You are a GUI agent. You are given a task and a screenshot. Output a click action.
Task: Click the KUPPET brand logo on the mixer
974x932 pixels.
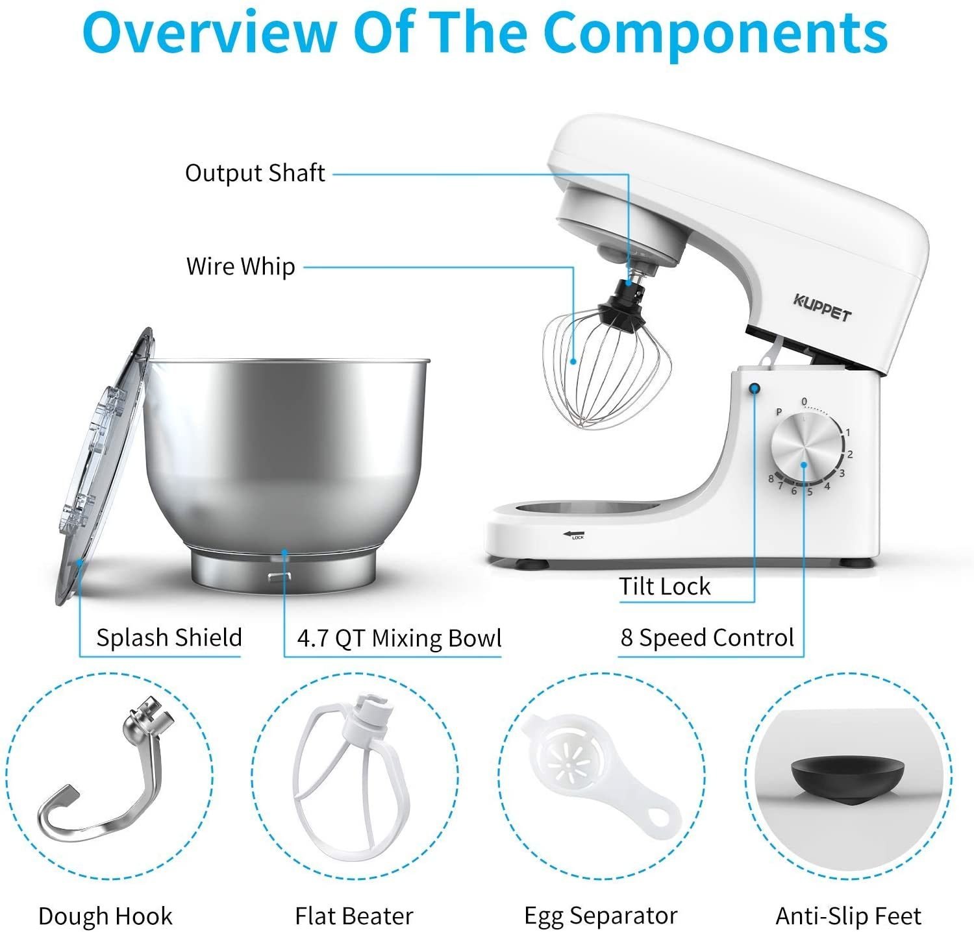[821, 308]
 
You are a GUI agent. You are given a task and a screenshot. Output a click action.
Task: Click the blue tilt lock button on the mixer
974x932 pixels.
[755, 389]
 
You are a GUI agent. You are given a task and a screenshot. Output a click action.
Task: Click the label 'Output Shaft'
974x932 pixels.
[255, 173]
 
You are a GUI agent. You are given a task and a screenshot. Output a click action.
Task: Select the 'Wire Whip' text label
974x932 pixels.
[240, 266]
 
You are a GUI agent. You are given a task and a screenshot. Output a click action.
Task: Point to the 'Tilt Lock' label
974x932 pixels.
[664, 586]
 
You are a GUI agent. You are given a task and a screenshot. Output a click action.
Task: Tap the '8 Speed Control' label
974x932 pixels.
[707, 637]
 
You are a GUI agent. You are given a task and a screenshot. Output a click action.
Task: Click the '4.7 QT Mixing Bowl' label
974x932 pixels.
[399, 638]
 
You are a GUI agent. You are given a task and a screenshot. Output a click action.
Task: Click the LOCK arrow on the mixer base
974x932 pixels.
[574, 535]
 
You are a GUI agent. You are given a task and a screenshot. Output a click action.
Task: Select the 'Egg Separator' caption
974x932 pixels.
[601, 916]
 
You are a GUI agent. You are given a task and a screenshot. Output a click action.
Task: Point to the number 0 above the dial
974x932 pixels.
[804, 402]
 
